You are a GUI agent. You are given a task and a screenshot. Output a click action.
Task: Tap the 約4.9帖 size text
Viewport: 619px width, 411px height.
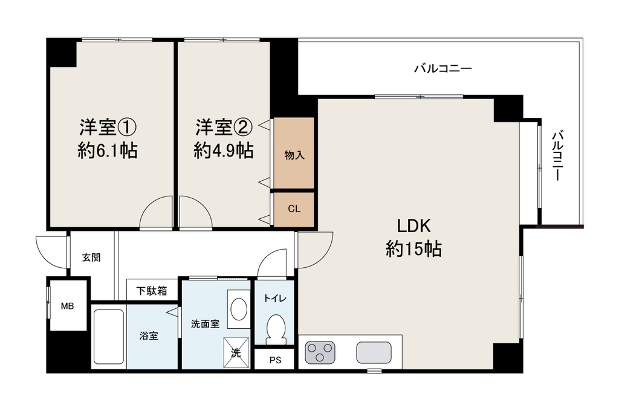tap(224, 150)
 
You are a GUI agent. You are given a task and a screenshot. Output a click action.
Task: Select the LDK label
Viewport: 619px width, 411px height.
tap(413, 226)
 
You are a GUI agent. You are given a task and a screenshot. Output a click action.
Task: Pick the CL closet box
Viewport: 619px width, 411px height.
tap(294, 209)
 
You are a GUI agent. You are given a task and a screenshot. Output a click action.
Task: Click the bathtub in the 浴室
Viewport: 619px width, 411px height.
tap(109, 337)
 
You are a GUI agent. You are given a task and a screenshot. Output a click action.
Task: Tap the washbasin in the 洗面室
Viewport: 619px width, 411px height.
tap(239, 309)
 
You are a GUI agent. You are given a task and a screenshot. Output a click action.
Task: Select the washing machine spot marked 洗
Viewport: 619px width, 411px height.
tap(236, 353)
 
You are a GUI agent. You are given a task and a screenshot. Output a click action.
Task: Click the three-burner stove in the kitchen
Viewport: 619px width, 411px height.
tap(320, 352)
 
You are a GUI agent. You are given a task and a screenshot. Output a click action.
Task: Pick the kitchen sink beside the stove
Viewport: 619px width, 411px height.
tap(374, 352)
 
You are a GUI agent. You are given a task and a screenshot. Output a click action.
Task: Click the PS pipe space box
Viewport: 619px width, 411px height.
tap(275, 360)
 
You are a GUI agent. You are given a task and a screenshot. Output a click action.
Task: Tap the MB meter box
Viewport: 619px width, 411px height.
tap(68, 305)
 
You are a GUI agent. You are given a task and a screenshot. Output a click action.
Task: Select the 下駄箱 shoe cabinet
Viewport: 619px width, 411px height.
tap(152, 291)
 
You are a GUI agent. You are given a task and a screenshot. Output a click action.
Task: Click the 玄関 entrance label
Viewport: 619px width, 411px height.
tap(91, 257)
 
